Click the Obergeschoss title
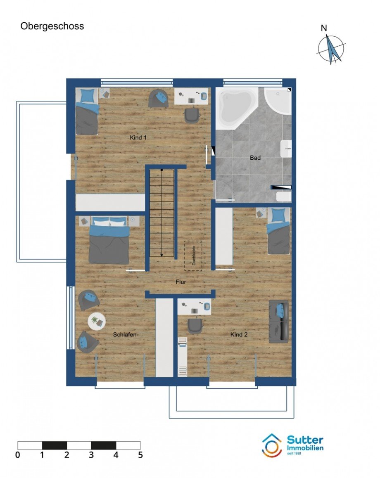pos(52,26)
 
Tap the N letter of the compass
pos(323,28)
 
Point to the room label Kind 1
pos(138,137)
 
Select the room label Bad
pos(255,158)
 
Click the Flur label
pos(181,282)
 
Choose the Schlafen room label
pos(125,334)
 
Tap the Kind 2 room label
pos(239,334)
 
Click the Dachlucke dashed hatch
pos(193,256)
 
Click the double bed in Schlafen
pos(109,240)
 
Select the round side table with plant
pos(97,321)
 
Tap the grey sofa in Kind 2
pos(278,322)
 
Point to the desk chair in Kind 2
pos(195,326)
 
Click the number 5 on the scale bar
pos(140,455)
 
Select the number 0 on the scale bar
pos(18,455)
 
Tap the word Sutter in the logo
pos(305,440)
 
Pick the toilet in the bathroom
pos(284,196)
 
